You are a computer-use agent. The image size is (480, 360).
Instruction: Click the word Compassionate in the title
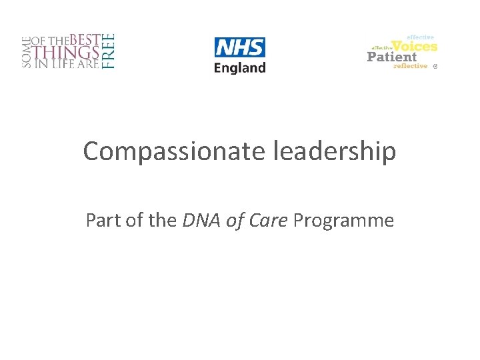(x=175, y=152)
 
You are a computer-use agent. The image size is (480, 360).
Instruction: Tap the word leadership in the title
(x=334, y=152)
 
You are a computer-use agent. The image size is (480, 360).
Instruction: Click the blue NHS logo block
(x=239, y=47)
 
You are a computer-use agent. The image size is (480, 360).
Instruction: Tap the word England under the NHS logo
(x=239, y=67)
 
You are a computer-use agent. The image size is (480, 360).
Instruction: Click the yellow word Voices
(x=415, y=46)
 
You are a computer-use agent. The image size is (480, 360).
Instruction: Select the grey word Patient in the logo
(x=392, y=57)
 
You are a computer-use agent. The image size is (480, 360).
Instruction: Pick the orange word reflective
(x=410, y=66)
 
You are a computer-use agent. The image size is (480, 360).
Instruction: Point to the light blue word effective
(x=421, y=37)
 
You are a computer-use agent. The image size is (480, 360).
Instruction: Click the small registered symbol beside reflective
(x=435, y=67)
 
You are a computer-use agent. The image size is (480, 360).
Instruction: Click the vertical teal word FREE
(x=110, y=51)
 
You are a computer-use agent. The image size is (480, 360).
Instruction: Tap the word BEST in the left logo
(x=85, y=39)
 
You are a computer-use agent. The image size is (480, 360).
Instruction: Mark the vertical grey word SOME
(x=27, y=51)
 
